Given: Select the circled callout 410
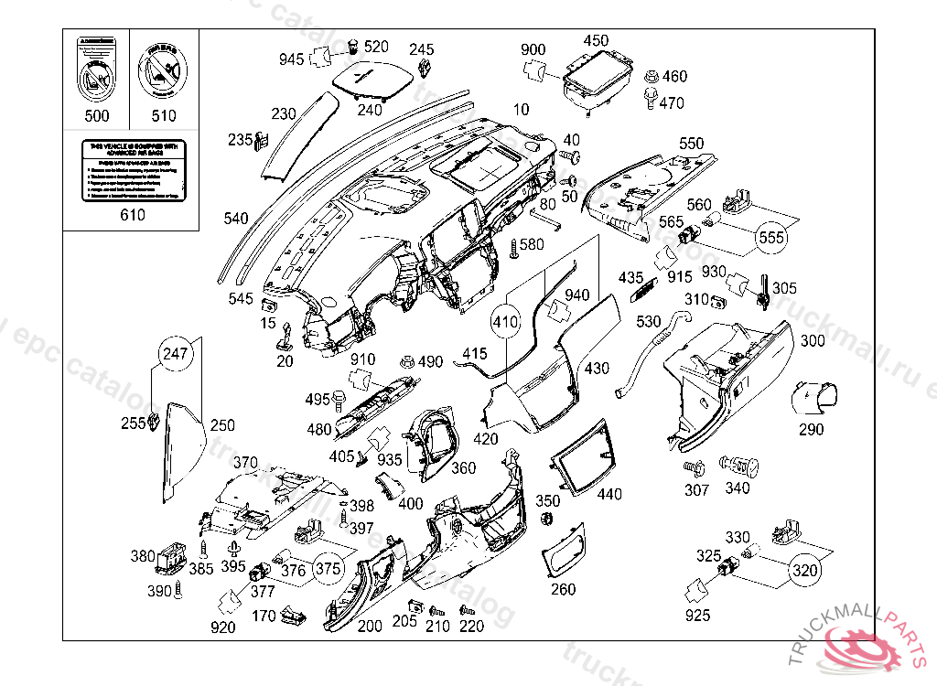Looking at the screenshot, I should pyautogui.click(x=505, y=322).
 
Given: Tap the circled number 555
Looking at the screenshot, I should pyautogui.click(x=772, y=238).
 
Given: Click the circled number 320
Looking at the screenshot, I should pyautogui.click(x=804, y=571).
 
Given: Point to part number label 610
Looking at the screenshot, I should pyautogui.click(x=133, y=216).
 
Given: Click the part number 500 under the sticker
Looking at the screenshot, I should pyautogui.click(x=96, y=115).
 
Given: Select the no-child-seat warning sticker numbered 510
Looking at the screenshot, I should pyautogui.click(x=163, y=71).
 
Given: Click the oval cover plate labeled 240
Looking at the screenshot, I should pyautogui.click(x=369, y=77).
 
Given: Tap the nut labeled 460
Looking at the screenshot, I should pyautogui.click(x=651, y=77).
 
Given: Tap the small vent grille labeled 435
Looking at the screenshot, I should pyautogui.click(x=644, y=290).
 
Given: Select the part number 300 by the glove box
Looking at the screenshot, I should pyautogui.click(x=813, y=341).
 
